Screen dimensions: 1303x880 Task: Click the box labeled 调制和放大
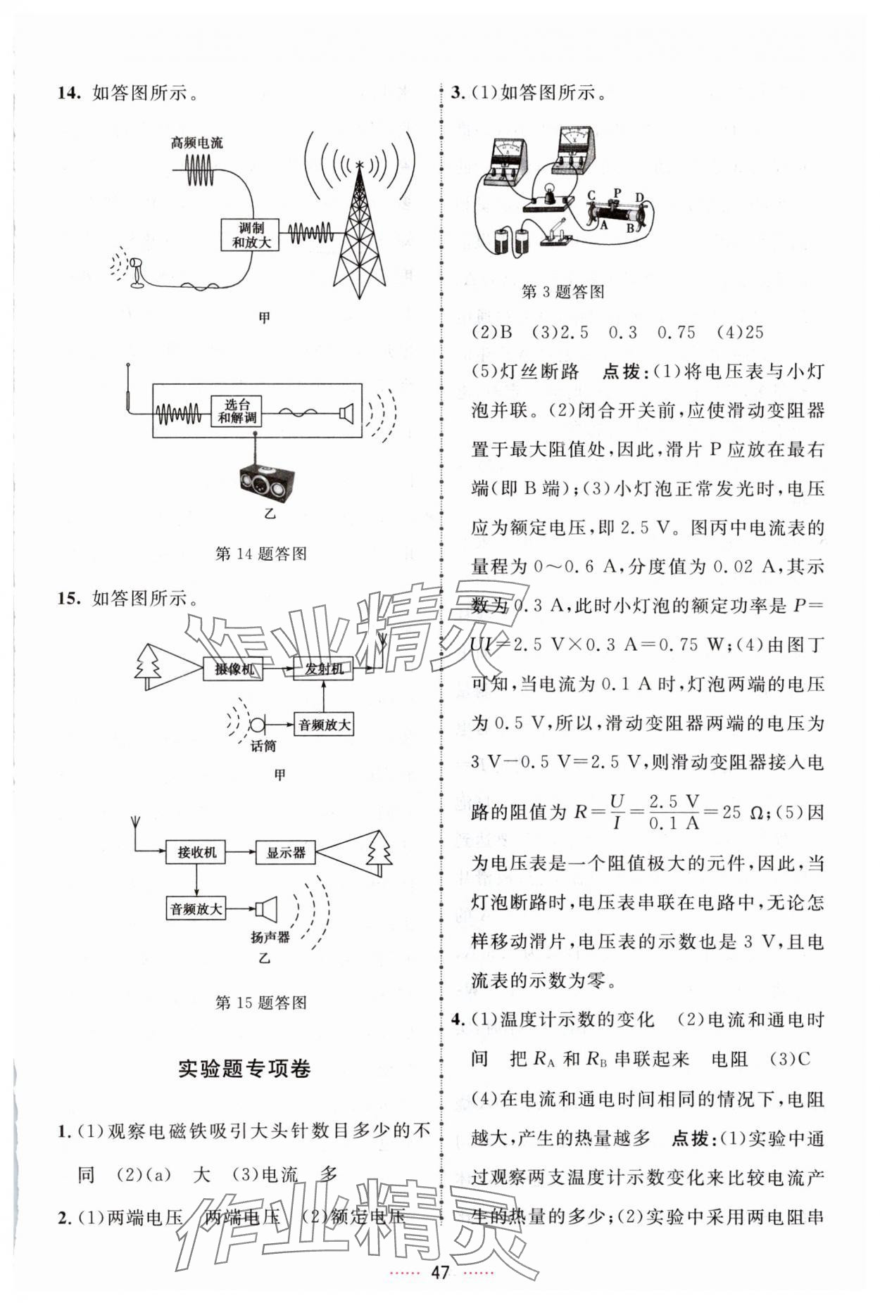pyautogui.click(x=251, y=235)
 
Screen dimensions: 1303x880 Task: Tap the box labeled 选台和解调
pyautogui.click(x=237, y=411)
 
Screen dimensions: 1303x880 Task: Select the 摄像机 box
pyautogui.click(x=234, y=669)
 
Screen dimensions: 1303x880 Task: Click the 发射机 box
pyautogui.click(x=324, y=669)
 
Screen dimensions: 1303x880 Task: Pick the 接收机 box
pyautogui.click(x=196, y=852)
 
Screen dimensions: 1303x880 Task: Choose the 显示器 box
pyautogui.click(x=285, y=852)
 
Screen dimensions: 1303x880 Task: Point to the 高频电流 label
pyautogui.click(x=196, y=143)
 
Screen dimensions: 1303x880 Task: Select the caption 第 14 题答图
pyautogui.click(x=260, y=554)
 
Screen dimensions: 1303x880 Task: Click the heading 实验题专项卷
pyautogui.click(x=244, y=1069)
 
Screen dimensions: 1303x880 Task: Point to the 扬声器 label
pyautogui.click(x=270, y=937)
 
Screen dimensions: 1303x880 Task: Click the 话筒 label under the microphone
pyautogui.click(x=263, y=746)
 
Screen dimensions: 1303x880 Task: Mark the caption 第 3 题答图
pyautogui.click(x=562, y=292)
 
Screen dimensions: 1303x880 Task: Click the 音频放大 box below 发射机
pyautogui.click(x=325, y=724)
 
